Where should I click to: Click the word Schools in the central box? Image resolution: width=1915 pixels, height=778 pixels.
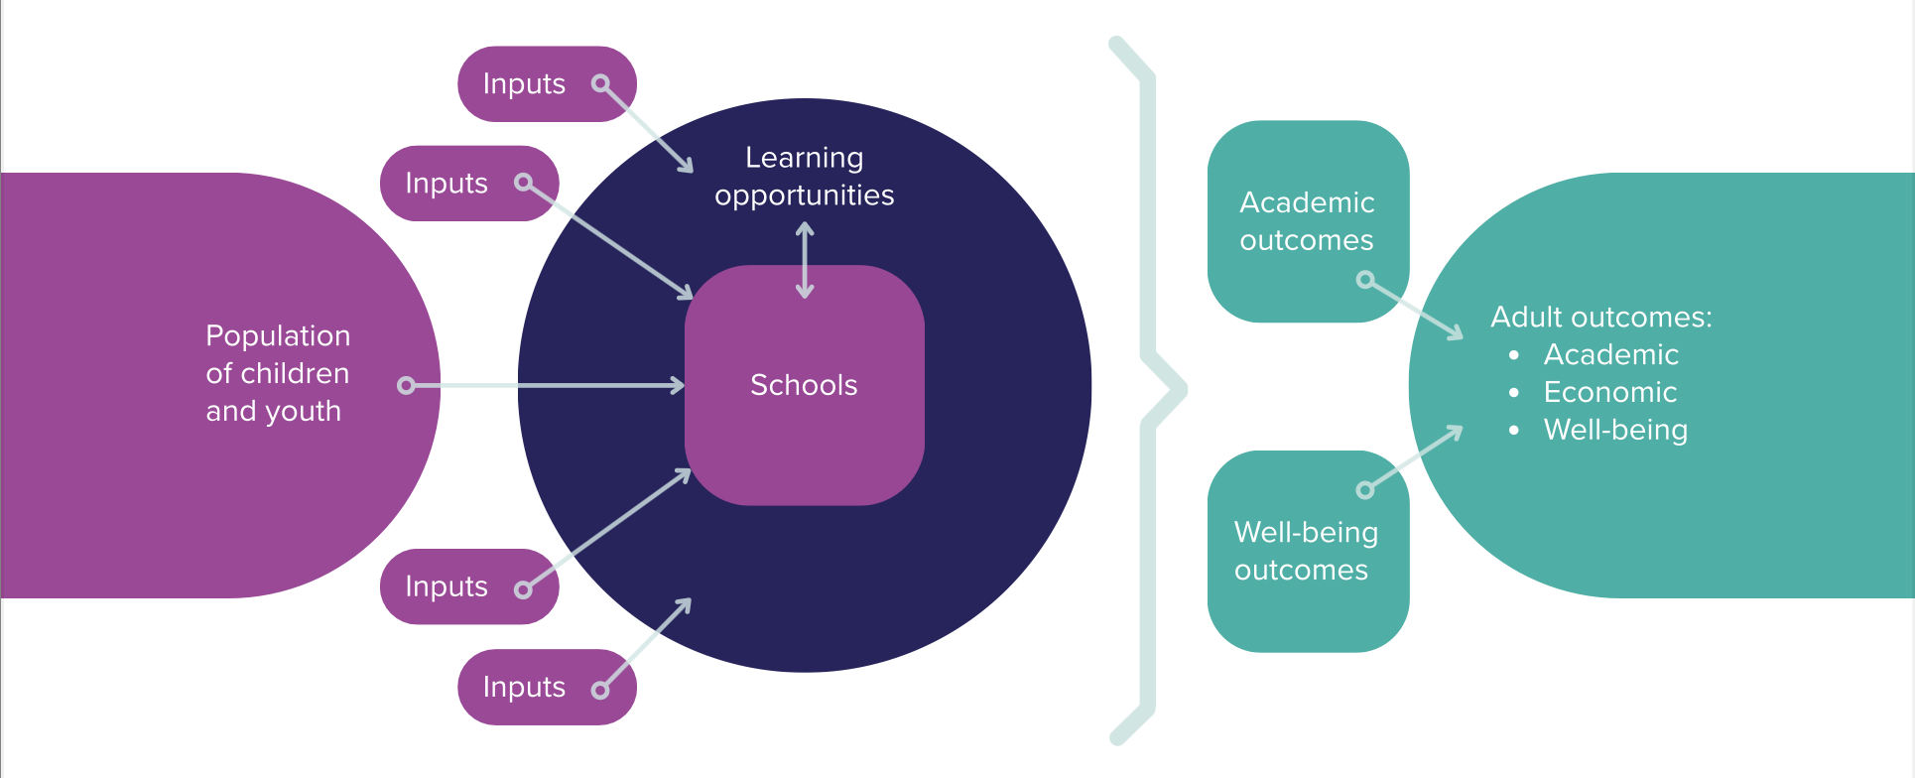804,385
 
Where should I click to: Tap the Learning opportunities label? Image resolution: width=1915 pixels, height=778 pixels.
804,177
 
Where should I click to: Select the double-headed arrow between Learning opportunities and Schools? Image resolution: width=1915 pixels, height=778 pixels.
805,260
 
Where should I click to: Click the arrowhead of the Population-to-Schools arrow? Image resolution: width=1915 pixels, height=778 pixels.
678,385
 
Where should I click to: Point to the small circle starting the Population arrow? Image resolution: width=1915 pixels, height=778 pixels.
406,385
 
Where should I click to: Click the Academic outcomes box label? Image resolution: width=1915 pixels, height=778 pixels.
1307,221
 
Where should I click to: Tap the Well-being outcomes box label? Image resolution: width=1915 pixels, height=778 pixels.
1306,551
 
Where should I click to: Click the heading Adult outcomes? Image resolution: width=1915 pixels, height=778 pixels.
1601,317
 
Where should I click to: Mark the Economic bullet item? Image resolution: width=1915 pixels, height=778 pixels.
1609,392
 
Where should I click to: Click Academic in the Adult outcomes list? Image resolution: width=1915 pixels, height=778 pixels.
1610,354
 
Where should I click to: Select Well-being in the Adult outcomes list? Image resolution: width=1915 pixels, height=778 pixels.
1615,430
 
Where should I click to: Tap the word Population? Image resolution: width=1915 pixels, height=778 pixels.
278,335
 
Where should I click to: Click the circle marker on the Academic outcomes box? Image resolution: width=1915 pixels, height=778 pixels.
1365,281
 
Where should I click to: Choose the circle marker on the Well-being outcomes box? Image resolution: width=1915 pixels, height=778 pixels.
1365,489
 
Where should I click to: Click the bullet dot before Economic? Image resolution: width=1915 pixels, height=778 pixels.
1513,393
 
